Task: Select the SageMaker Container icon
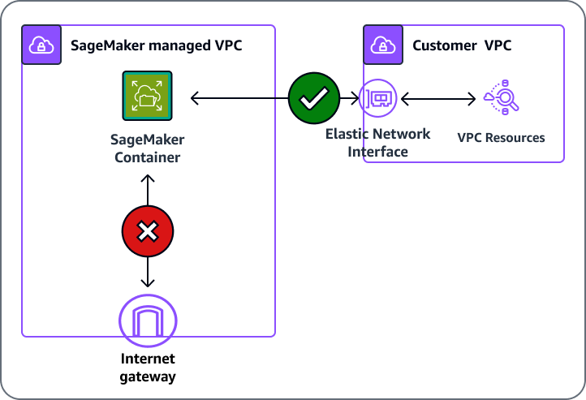coord(148,97)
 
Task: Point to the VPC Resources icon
coord(501,99)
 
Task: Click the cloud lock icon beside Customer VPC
coord(381,45)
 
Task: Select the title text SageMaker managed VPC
coord(157,45)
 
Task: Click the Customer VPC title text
coord(462,45)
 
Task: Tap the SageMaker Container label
coord(147,148)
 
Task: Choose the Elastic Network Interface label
coord(378,143)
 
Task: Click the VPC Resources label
coord(501,137)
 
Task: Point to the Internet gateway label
coord(148,368)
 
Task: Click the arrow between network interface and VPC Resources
coord(438,99)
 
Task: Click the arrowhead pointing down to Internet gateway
coord(148,282)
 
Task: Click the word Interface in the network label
coord(378,152)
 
